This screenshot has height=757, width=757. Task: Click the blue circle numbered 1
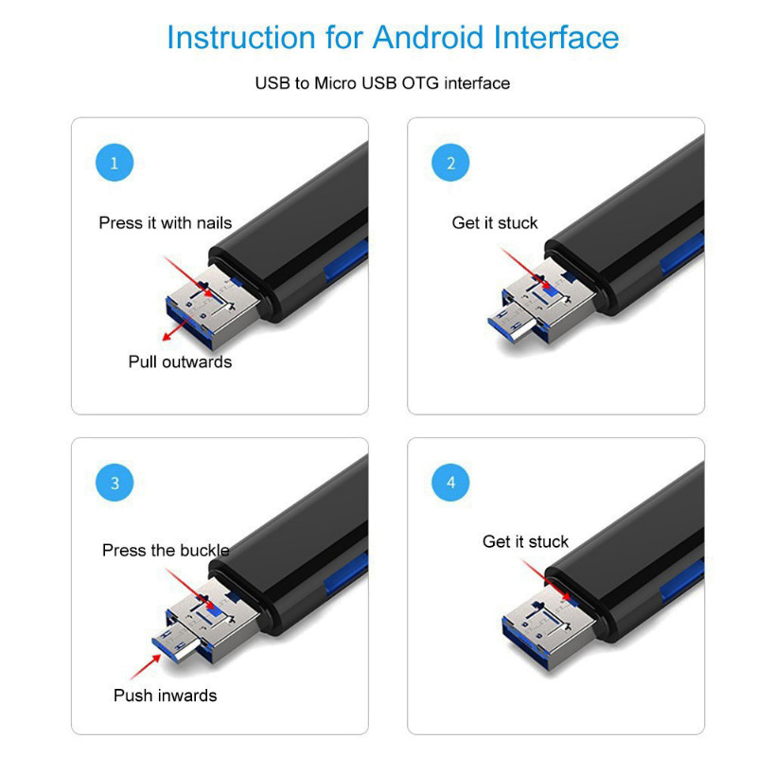pyautogui.click(x=114, y=163)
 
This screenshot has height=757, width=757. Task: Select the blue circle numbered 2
pyautogui.click(x=450, y=163)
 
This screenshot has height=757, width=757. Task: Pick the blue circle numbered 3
pyautogui.click(x=114, y=484)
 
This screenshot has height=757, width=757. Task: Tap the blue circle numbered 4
pyautogui.click(x=450, y=484)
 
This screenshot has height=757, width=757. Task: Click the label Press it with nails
pyautogui.click(x=165, y=223)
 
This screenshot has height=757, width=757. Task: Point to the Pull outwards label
pyautogui.click(x=180, y=361)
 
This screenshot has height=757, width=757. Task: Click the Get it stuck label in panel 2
pyautogui.click(x=494, y=223)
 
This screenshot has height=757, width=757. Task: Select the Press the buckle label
pyautogui.click(x=166, y=551)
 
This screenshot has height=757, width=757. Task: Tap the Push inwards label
pyautogui.click(x=165, y=695)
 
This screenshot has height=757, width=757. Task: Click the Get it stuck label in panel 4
pyautogui.click(x=525, y=542)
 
